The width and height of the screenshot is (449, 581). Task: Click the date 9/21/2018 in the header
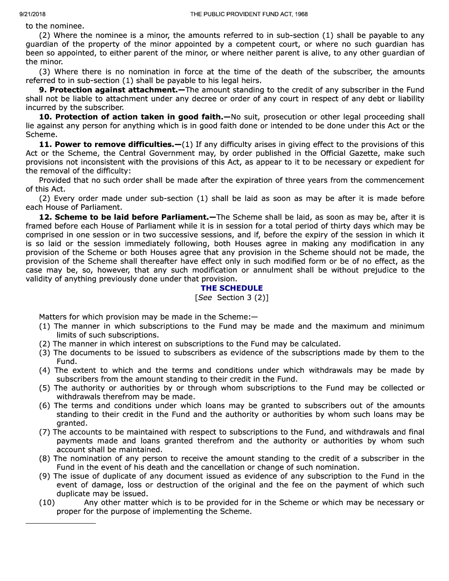coord(33,14)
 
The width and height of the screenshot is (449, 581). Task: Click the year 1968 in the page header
coord(301,14)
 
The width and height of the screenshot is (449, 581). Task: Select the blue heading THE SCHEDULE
coord(232,288)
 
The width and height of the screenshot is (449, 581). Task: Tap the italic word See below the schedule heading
coord(205,298)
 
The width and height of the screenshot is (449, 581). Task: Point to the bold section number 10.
coord(45,117)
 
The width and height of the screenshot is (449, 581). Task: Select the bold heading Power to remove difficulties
coord(114,144)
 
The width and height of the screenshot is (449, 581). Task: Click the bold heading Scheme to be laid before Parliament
coord(132,217)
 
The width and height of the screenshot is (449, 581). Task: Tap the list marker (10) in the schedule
coord(47,503)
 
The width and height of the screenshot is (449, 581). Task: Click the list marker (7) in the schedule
coord(44,432)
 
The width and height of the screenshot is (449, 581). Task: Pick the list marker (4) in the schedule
coord(44,371)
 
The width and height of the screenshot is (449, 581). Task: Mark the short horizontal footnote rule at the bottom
coord(61,523)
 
